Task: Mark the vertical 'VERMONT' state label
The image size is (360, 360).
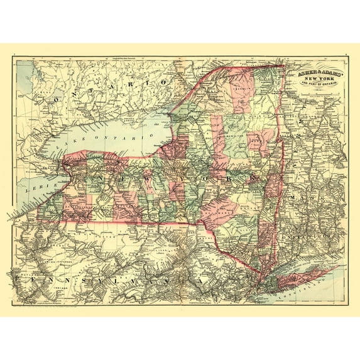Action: (x=300, y=126)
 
